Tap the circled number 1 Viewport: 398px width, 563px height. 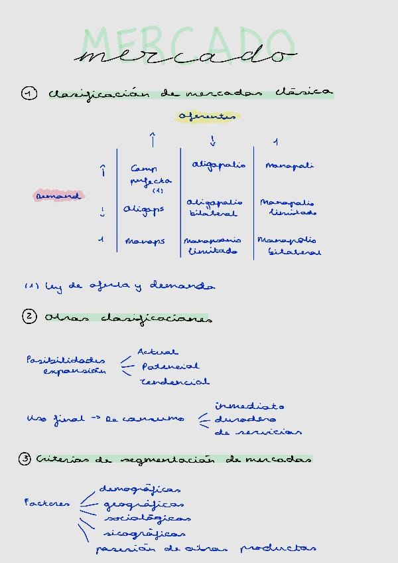[x=29, y=94]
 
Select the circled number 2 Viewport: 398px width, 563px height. [x=29, y=317]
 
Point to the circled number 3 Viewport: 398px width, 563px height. [x=25, y=459]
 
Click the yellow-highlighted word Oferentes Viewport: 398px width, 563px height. [x=207, y=117]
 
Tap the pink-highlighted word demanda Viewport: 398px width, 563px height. [x=59, y=196]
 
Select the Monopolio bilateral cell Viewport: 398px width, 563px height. [x=289, y=246]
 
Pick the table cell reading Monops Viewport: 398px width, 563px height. [x=144, y=241]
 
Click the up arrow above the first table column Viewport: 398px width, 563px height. [x=153, y=139]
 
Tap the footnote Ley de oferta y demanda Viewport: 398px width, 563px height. [x=119, y=286]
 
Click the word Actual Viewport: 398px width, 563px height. [x=157, y=352]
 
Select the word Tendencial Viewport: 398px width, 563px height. [x=174, y=382]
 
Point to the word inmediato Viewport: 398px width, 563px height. [x=249, y=406]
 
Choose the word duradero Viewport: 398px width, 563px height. [x=235, y=419]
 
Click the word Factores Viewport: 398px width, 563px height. [x=46, y=503]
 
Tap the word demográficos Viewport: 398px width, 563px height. [x=140, y=489]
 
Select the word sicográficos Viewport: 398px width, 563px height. [x=144, y=533]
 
